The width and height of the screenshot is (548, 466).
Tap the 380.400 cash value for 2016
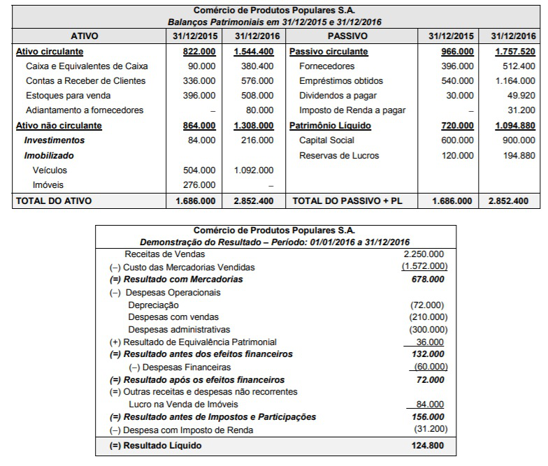click(x=258, y=66)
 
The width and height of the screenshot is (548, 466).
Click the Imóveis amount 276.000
click(x=201, y=185)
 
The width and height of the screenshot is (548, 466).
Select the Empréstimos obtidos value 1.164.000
click(x=514, y=81)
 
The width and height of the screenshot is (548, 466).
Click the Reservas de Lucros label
click(x=339, y=155)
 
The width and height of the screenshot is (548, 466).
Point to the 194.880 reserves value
click(x=518, y=155)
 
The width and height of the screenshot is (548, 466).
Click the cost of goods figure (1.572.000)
click(x=424, y=267)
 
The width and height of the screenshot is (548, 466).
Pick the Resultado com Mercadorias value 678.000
click(x=428, y=279)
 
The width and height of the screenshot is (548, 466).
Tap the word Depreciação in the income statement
click(x=153, y=305)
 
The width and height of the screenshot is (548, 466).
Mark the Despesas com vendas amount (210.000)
click(x=428, y=317)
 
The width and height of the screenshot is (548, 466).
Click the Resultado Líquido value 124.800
click(x=428, y=445)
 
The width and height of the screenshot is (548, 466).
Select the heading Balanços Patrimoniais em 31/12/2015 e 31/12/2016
click(x=273, y=22)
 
